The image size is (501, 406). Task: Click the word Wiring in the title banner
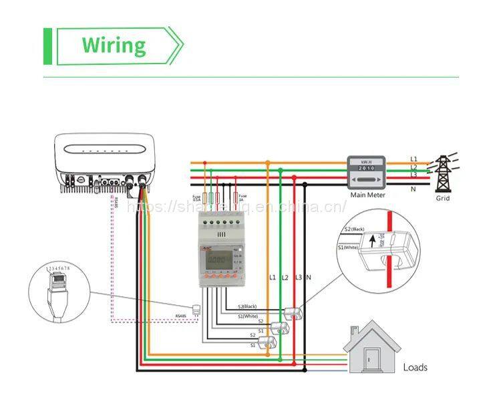(114, 45)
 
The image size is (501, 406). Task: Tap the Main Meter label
(367, 195)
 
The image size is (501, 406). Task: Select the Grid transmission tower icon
(443, 172)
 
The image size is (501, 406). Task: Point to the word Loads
(415, 367)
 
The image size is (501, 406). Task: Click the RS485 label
(180, 316)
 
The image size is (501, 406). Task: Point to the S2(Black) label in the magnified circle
(354, 229)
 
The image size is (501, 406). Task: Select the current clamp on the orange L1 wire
(268, 342)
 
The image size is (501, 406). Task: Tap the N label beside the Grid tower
(413, 189)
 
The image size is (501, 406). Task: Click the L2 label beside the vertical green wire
(285, 277)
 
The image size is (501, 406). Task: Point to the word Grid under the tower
(443, 198)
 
